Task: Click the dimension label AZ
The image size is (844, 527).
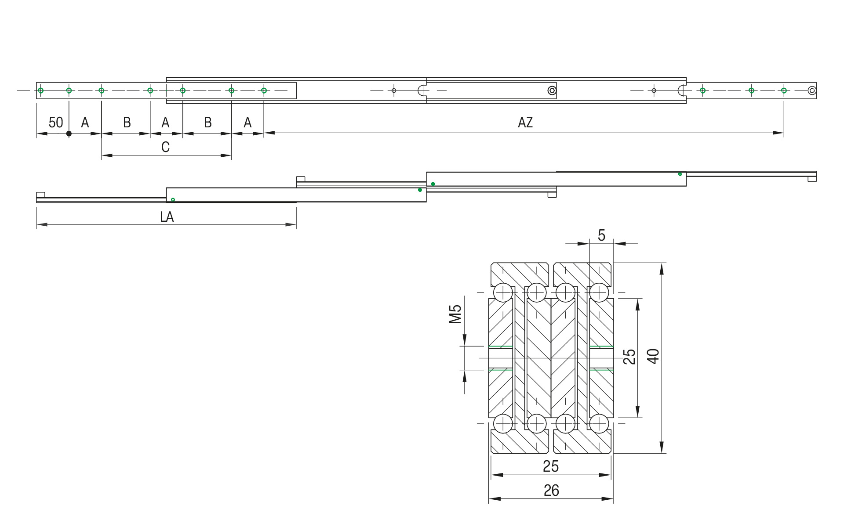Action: [525, 123]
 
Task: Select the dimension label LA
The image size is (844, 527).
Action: [167, 217]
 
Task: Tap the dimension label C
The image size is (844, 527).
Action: [165, 147]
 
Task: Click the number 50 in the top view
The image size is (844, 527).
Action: [56, 123]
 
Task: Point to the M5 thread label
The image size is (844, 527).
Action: [455, 314]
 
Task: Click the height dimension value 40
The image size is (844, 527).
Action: [654, 356]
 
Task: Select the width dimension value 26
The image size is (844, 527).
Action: [551, 491]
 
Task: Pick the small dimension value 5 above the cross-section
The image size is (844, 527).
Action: [601, 236]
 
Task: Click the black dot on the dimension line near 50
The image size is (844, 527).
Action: [69, 134]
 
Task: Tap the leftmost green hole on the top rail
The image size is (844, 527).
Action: [40, 90]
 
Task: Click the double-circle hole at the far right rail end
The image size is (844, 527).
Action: [812, 90]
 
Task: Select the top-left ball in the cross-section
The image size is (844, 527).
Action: [503, 292]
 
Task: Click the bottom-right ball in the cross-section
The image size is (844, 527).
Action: [599, 424]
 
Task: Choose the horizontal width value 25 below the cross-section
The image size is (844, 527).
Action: [550, 466]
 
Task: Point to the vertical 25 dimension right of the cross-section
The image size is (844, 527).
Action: [629, 357]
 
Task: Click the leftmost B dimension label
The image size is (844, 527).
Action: [127, 123]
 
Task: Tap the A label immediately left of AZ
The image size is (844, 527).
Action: [247, 123]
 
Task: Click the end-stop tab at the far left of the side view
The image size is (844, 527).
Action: [40, 195]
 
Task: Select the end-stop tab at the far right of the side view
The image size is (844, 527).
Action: [812, 179]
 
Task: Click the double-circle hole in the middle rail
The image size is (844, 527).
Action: [552, 90]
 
